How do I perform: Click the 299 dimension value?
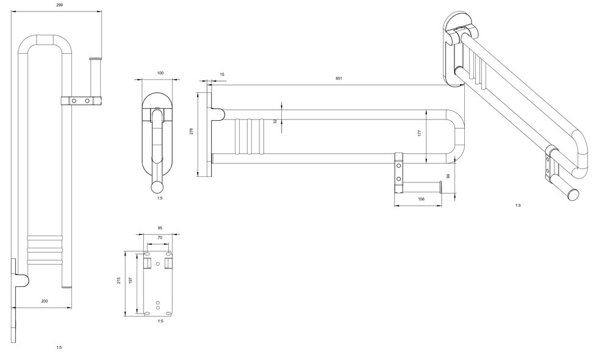pos(59,5)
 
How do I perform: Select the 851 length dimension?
pos(339,78)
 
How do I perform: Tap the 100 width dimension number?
pos(160,73)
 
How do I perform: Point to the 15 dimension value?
pos(222,74)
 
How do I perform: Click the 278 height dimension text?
pos(192,131)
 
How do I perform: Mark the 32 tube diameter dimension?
pos(276,121)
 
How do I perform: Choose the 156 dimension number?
pos(421,199)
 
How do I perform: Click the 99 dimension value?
pos(448,176)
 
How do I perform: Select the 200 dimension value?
pos(45,301)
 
